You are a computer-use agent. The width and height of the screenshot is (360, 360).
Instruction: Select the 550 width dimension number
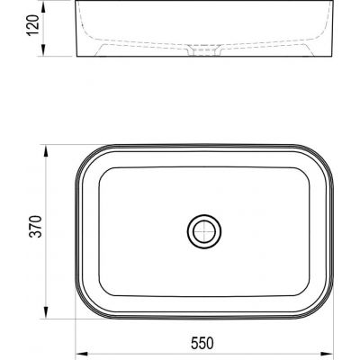pos(205,341)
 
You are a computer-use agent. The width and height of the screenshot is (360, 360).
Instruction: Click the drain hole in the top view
pos(205,231)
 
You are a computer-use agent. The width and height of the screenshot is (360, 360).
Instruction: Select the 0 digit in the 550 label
pos(215,341)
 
